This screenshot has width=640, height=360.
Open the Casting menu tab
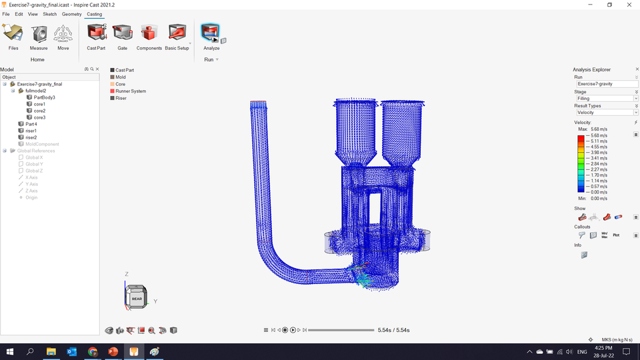click(x=94, y=14)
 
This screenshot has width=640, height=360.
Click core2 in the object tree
click(x=39, y=111)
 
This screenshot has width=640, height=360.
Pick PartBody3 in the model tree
click(x=44, y=97)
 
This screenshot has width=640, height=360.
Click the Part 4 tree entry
click(x=31, y=124)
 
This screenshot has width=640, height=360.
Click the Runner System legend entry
click(x=130, y=91)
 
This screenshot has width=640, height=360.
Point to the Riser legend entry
click(x=121, y=98)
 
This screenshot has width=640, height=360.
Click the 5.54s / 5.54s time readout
click(x=393, y=330)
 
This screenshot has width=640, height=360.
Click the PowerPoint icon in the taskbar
click(x=113, y=351)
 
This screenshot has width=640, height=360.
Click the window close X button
click(x=627, y=5)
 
